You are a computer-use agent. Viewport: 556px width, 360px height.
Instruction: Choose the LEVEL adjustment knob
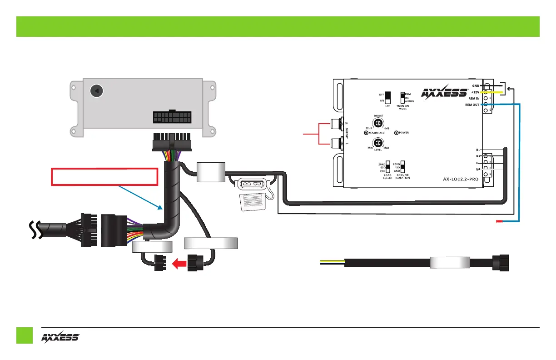pos(378,142)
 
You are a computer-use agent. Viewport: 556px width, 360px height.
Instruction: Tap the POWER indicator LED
pos(397,133)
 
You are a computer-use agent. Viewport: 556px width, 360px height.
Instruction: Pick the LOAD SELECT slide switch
pos(387,167)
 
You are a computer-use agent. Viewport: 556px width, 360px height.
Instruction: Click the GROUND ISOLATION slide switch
pos(402,167)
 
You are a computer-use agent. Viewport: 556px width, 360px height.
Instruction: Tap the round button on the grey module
pos(96,91)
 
